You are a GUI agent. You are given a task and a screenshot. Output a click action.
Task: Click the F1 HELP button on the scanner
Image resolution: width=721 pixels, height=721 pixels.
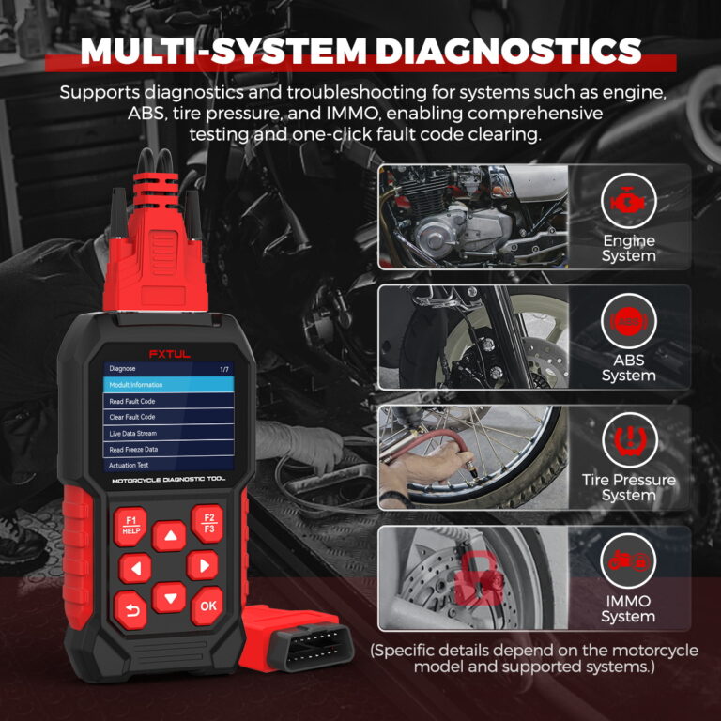pos(130,525)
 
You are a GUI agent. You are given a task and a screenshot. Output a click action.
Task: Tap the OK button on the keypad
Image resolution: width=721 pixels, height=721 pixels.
pos(207,606)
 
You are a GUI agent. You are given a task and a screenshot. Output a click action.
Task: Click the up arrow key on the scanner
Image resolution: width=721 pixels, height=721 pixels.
pos(170,537)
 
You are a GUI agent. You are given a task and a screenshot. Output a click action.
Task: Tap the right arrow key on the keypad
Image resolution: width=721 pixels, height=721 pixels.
pos(202,565)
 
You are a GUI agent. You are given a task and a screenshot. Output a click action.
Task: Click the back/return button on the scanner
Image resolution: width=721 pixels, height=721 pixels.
pos(131,609)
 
